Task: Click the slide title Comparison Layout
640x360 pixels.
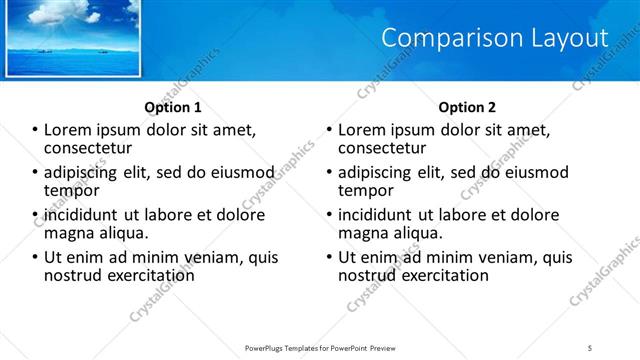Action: pos(495,38)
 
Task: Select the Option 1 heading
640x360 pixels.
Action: pos(173,107)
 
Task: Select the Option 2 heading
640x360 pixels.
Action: pos(466,107)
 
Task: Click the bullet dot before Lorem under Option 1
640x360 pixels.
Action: pos(35,130)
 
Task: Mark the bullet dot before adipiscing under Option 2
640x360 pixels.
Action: pos(330,173)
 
